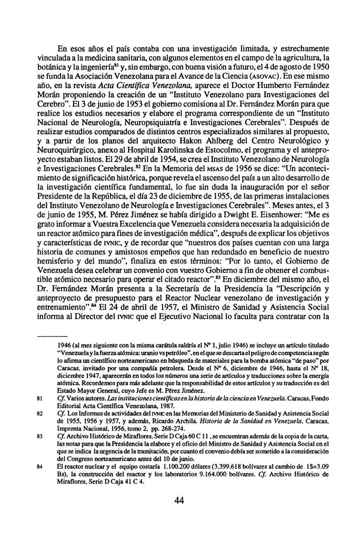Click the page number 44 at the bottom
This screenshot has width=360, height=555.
[179, 500]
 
